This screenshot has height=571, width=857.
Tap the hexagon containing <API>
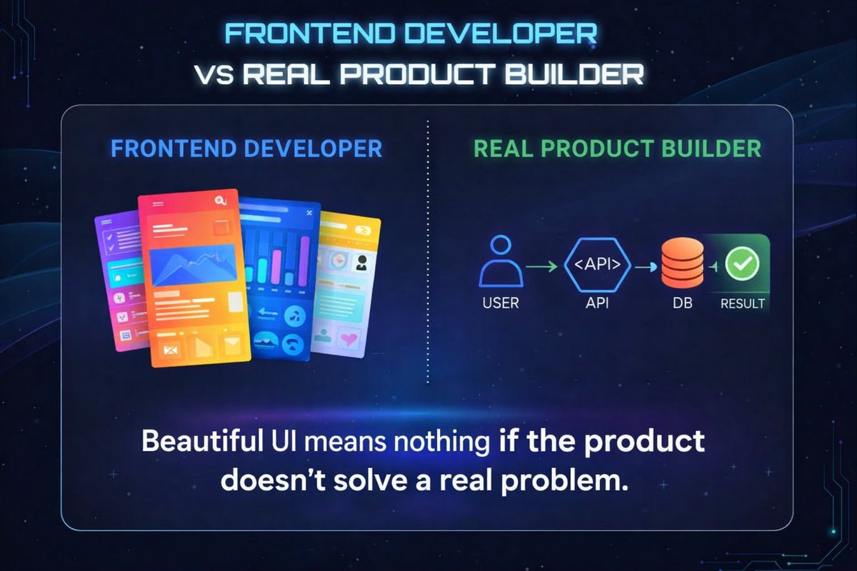click(597, 265)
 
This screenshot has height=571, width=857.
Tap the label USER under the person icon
click(501, 303)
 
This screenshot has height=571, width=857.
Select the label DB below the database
click(681, 303)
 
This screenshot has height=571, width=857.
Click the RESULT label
click(743, 303)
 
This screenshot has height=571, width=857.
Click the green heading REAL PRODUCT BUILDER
click(618, 149)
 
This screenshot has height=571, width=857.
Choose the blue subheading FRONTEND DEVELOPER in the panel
click(247, 149)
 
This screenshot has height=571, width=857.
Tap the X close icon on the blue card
click(309, 213)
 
